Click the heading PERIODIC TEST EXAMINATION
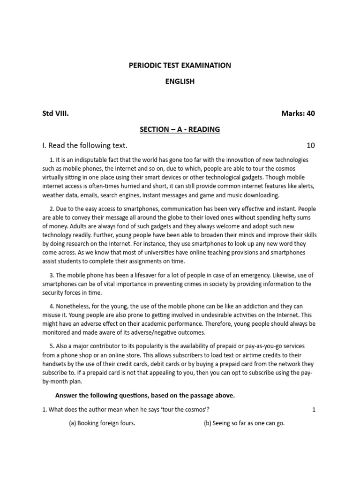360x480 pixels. (180, 65)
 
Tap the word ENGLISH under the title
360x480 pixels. (180, 82)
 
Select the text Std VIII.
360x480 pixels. (56, 113)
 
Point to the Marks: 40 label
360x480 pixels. (298, 113)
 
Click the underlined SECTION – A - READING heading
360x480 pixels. (180, 129)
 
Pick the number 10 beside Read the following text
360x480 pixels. (311, 145)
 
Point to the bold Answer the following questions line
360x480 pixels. (145, 395)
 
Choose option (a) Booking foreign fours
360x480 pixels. (102, 423)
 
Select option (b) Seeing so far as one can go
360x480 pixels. (244, 423)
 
